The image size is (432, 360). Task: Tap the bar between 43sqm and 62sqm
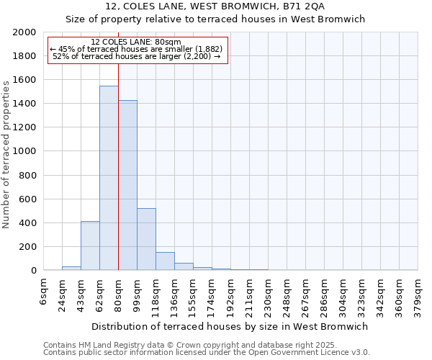pos(90,246)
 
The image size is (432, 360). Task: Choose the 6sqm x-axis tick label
pos(44,292)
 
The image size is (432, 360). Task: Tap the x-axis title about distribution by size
pos(230,326)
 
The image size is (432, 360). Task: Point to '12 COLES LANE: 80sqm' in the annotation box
pos(137,42)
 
